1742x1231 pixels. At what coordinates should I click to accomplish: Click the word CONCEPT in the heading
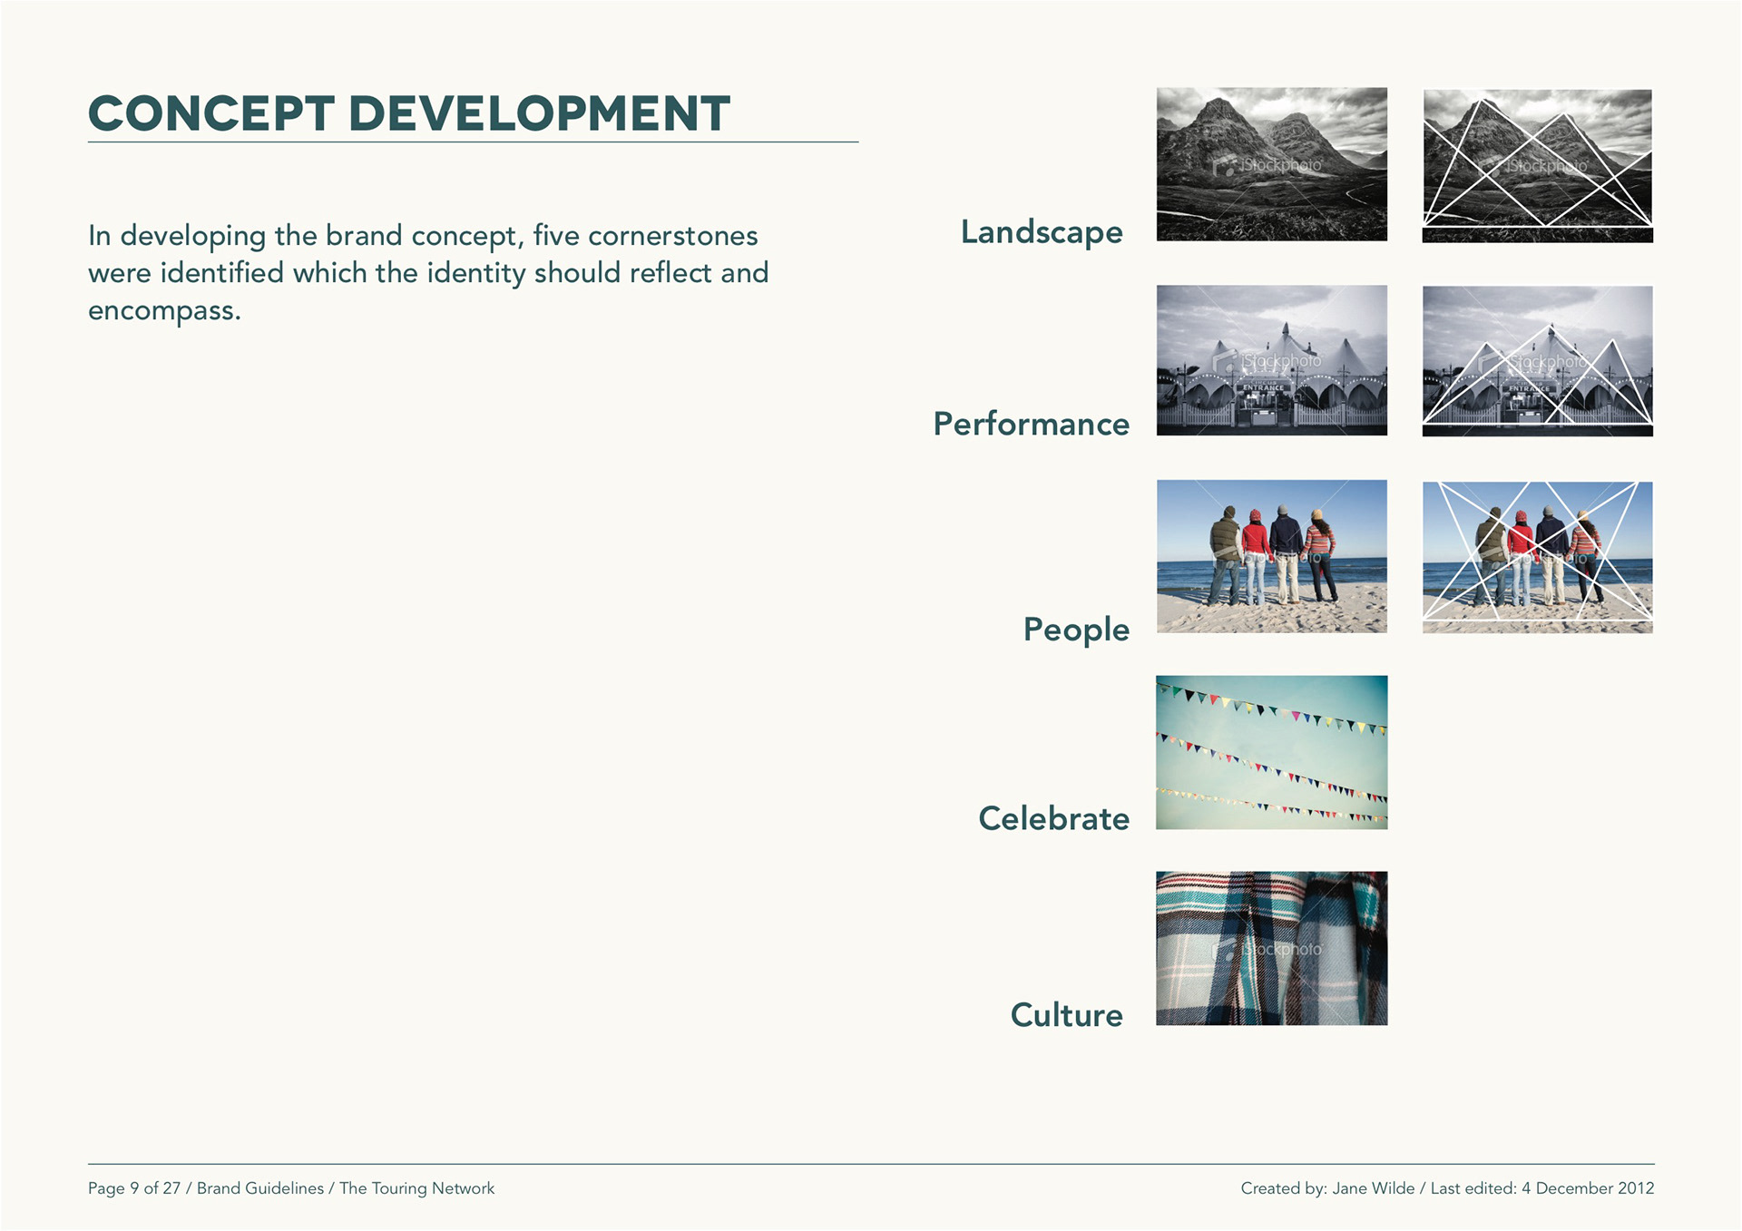point(211,113)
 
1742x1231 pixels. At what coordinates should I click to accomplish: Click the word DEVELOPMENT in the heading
point(540,113)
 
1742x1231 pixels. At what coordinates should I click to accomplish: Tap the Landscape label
point(1042,233)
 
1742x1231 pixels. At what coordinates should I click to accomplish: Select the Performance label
point(1032,424)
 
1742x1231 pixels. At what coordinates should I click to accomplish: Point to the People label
point(1076,630)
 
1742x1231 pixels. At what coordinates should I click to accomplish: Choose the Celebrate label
point(1054,818)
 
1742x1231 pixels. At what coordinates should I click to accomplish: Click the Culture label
point(1067,1015)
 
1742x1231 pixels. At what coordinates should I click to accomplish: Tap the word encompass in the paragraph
point(161,311)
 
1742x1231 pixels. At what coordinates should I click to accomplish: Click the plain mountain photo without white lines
point(1272,164)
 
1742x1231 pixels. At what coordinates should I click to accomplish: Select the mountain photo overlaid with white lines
point(1538,166)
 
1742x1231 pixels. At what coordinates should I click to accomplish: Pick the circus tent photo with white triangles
point(1538,361)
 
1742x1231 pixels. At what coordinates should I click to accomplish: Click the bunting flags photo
point(1272,752)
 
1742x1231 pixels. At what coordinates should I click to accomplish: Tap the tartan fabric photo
point(1272,949)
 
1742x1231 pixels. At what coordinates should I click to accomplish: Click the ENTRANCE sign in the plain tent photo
point(1263,387)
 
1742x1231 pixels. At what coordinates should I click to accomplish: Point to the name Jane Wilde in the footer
point(1374,1188)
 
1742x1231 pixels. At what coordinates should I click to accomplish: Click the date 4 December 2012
point(1588,1188)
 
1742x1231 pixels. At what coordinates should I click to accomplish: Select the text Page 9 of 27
point(134,1188)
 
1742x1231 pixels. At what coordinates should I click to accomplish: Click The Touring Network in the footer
point(417,1188)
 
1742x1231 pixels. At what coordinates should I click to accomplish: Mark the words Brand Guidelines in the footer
point(260,1188)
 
